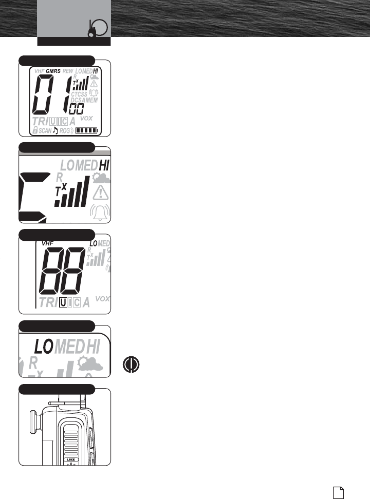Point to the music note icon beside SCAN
click(55, 130)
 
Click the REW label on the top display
click(68, 71)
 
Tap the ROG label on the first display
click(64, 131)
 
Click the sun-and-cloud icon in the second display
click(99, 178)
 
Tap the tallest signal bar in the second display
click(84, 190)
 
